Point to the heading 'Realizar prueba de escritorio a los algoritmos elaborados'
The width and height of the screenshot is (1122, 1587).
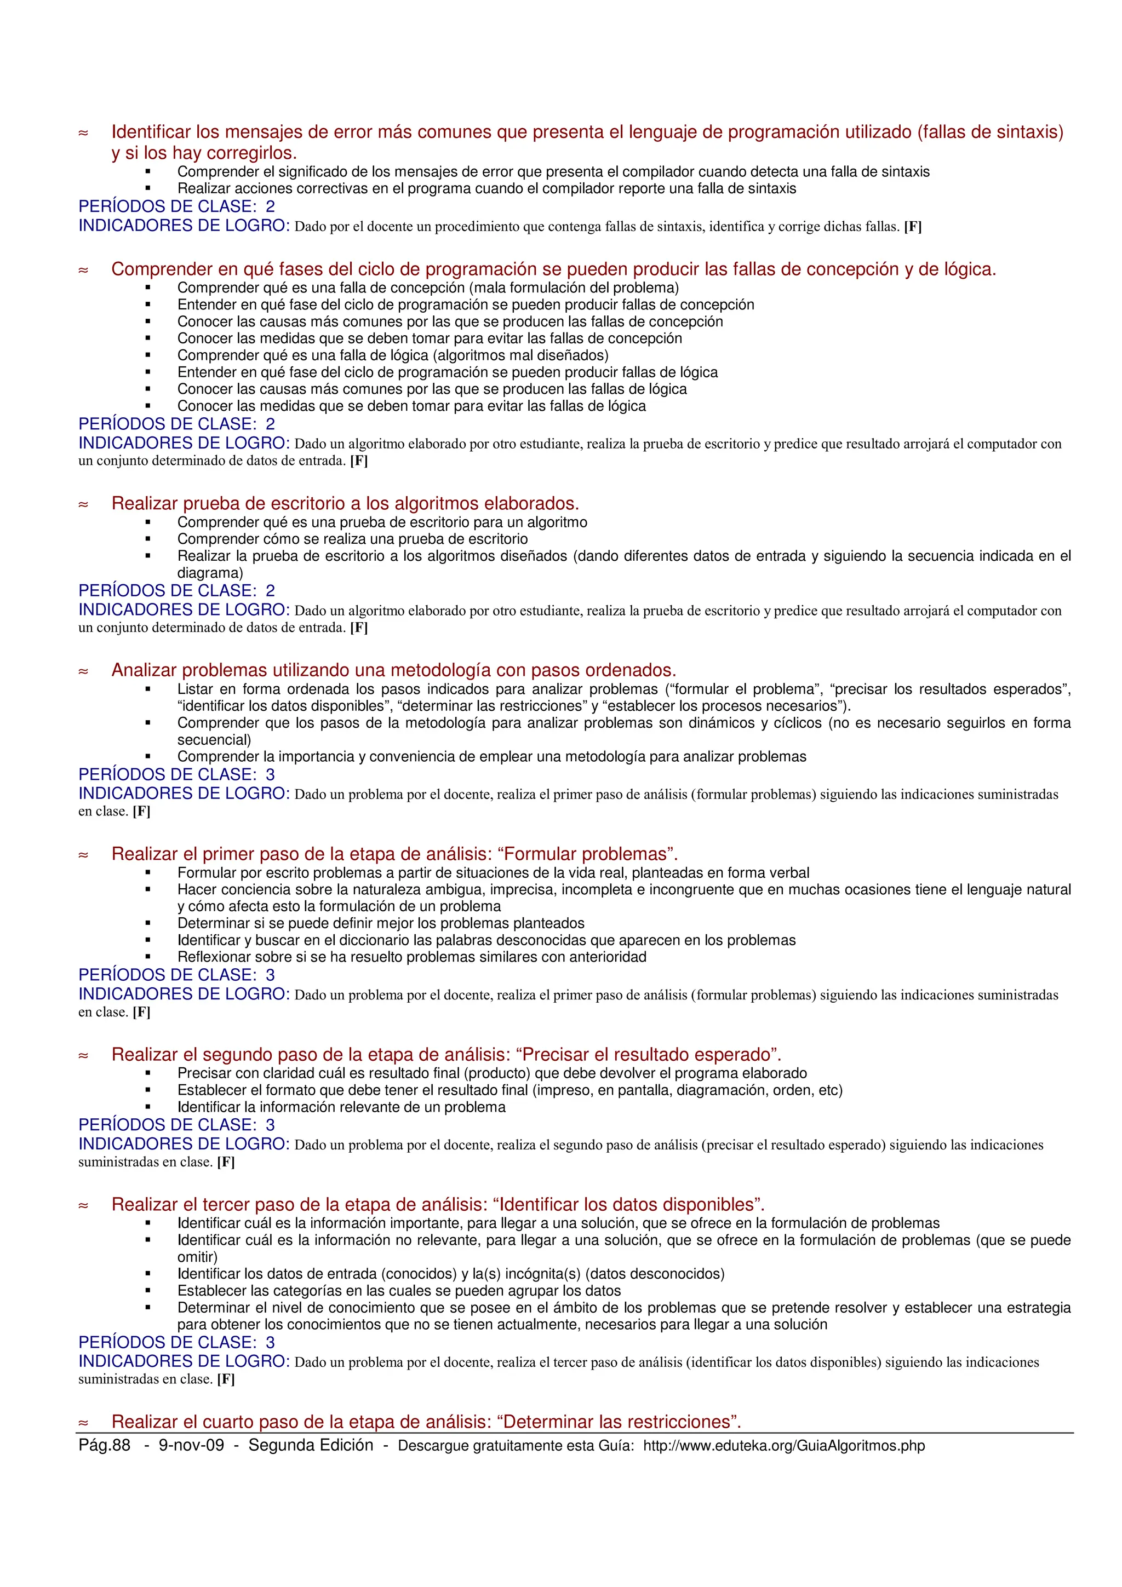(345, 503)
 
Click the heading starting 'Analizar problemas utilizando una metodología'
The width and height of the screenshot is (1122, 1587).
(393, 670)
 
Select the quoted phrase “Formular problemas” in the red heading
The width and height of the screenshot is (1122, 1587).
(586, 854)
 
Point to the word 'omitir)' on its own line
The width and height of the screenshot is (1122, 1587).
(197, 1257)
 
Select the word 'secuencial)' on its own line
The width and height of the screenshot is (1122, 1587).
(214, 740)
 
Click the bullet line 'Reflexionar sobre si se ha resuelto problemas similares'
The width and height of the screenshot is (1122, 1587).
(411, 957)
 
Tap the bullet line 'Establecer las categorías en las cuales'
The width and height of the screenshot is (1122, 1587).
(399, 1291)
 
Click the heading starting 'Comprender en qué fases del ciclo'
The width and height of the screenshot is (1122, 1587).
(553, 269)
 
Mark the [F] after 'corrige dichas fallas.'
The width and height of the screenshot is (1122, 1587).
(913, 227)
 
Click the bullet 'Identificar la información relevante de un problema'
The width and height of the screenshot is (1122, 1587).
(341, 1107)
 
